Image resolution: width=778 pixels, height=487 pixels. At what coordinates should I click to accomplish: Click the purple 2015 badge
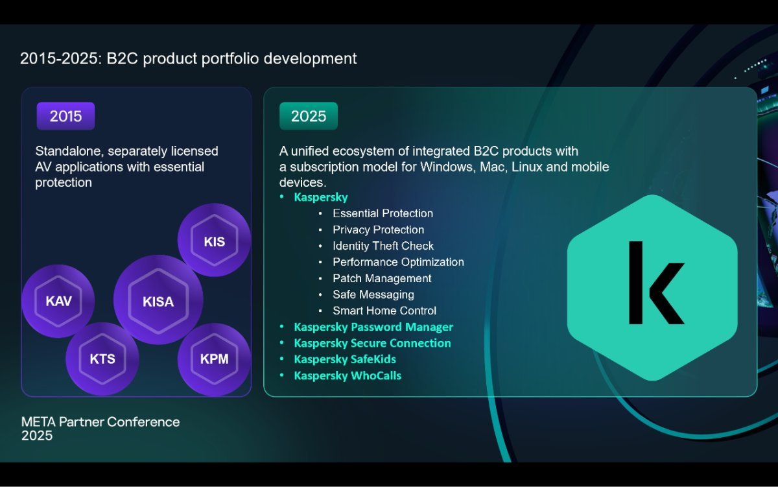pyautogui.click(x=65, y=116)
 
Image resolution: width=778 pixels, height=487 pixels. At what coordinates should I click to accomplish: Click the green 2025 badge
pyautogui.click(x=309, y=116)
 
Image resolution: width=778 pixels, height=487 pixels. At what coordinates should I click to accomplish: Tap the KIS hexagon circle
pyautogui.click(x=215, y=240)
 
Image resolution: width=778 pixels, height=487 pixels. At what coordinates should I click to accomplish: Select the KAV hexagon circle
pyautogui.click(x=58, y=301)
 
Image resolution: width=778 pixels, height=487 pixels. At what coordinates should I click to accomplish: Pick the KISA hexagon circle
pyautogui.click(x=158, y=300)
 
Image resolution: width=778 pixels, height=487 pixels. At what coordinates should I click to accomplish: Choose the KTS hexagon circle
pyautogui.click(x=102, y=359)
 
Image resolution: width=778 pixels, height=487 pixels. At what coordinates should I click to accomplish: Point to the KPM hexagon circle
pyautogui.click(x=215, y=359)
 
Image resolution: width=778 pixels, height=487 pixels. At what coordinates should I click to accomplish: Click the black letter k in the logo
pyautogui.click(x=656, y=283)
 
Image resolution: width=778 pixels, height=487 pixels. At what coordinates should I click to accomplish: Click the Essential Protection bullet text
pyautogui.click(x=383, y=213)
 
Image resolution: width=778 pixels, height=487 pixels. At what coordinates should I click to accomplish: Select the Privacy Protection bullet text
pyautogui.click(x=378, y=230)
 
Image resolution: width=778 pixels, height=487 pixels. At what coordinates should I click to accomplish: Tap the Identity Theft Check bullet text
pyautogui.click(x=383, y=246)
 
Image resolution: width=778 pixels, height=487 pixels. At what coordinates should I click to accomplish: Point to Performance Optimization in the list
pyautogui.click(x=398, y=262)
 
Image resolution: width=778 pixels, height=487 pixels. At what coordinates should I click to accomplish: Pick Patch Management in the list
pyautogui.click(x=382, y=278)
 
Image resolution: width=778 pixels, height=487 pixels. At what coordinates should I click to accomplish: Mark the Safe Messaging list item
pyautogui.click(x=373, y=294)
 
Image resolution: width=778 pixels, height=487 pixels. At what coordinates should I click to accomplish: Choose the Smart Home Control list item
pyautogui.click(x=384, y=311)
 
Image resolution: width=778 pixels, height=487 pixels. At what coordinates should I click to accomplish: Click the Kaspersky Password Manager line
pyautogui.click(x=373, y=327)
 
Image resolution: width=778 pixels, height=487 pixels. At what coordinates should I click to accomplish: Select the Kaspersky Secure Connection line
pyautogui.click(x=372, y=343)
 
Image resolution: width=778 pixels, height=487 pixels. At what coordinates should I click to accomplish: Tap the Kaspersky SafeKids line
pyautogui.click(x=345, y=359)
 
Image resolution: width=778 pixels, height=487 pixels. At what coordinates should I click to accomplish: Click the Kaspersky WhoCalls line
pyautogui.click(x=348, y=375)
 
